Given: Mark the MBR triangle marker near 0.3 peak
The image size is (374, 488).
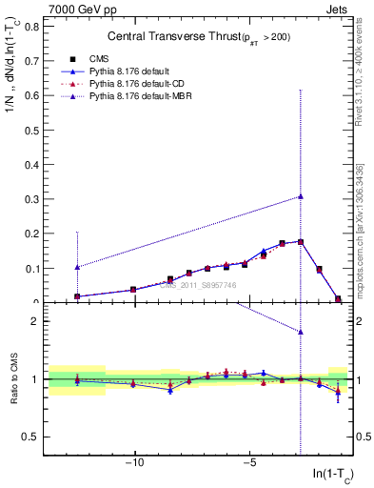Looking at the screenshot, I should click(x=301, y=196).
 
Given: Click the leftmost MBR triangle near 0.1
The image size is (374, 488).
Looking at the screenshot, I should click(x=77, y=267).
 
